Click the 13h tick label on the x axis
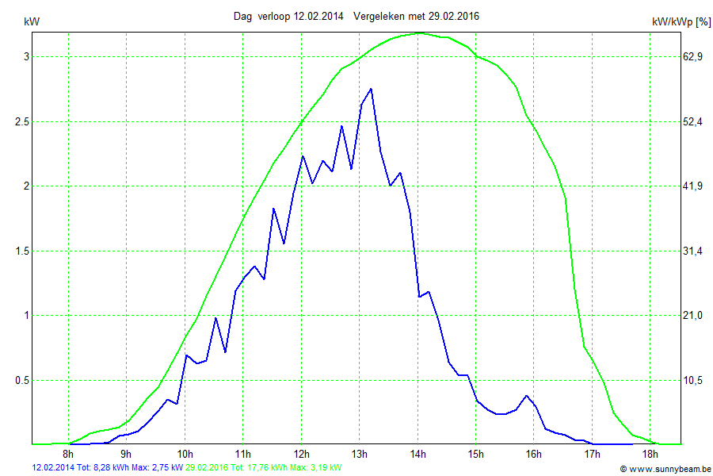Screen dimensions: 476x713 pos(360,455)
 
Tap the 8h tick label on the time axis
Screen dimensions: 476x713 pos(69,455)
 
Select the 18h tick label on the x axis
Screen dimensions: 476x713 pos(650,455)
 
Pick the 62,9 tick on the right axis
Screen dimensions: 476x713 pos(693,57)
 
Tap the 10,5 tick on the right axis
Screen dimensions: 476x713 pos(693,380)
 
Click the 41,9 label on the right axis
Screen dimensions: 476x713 pos(693,186)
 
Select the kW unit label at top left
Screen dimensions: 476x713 pos(32,22)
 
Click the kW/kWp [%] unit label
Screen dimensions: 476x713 pos(681,22)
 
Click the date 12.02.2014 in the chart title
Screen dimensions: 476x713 pos(318,16)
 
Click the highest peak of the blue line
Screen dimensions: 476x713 pos(371,89)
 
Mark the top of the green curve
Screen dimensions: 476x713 pos(420,33)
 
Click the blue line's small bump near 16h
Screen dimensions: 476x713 pos(526,395)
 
